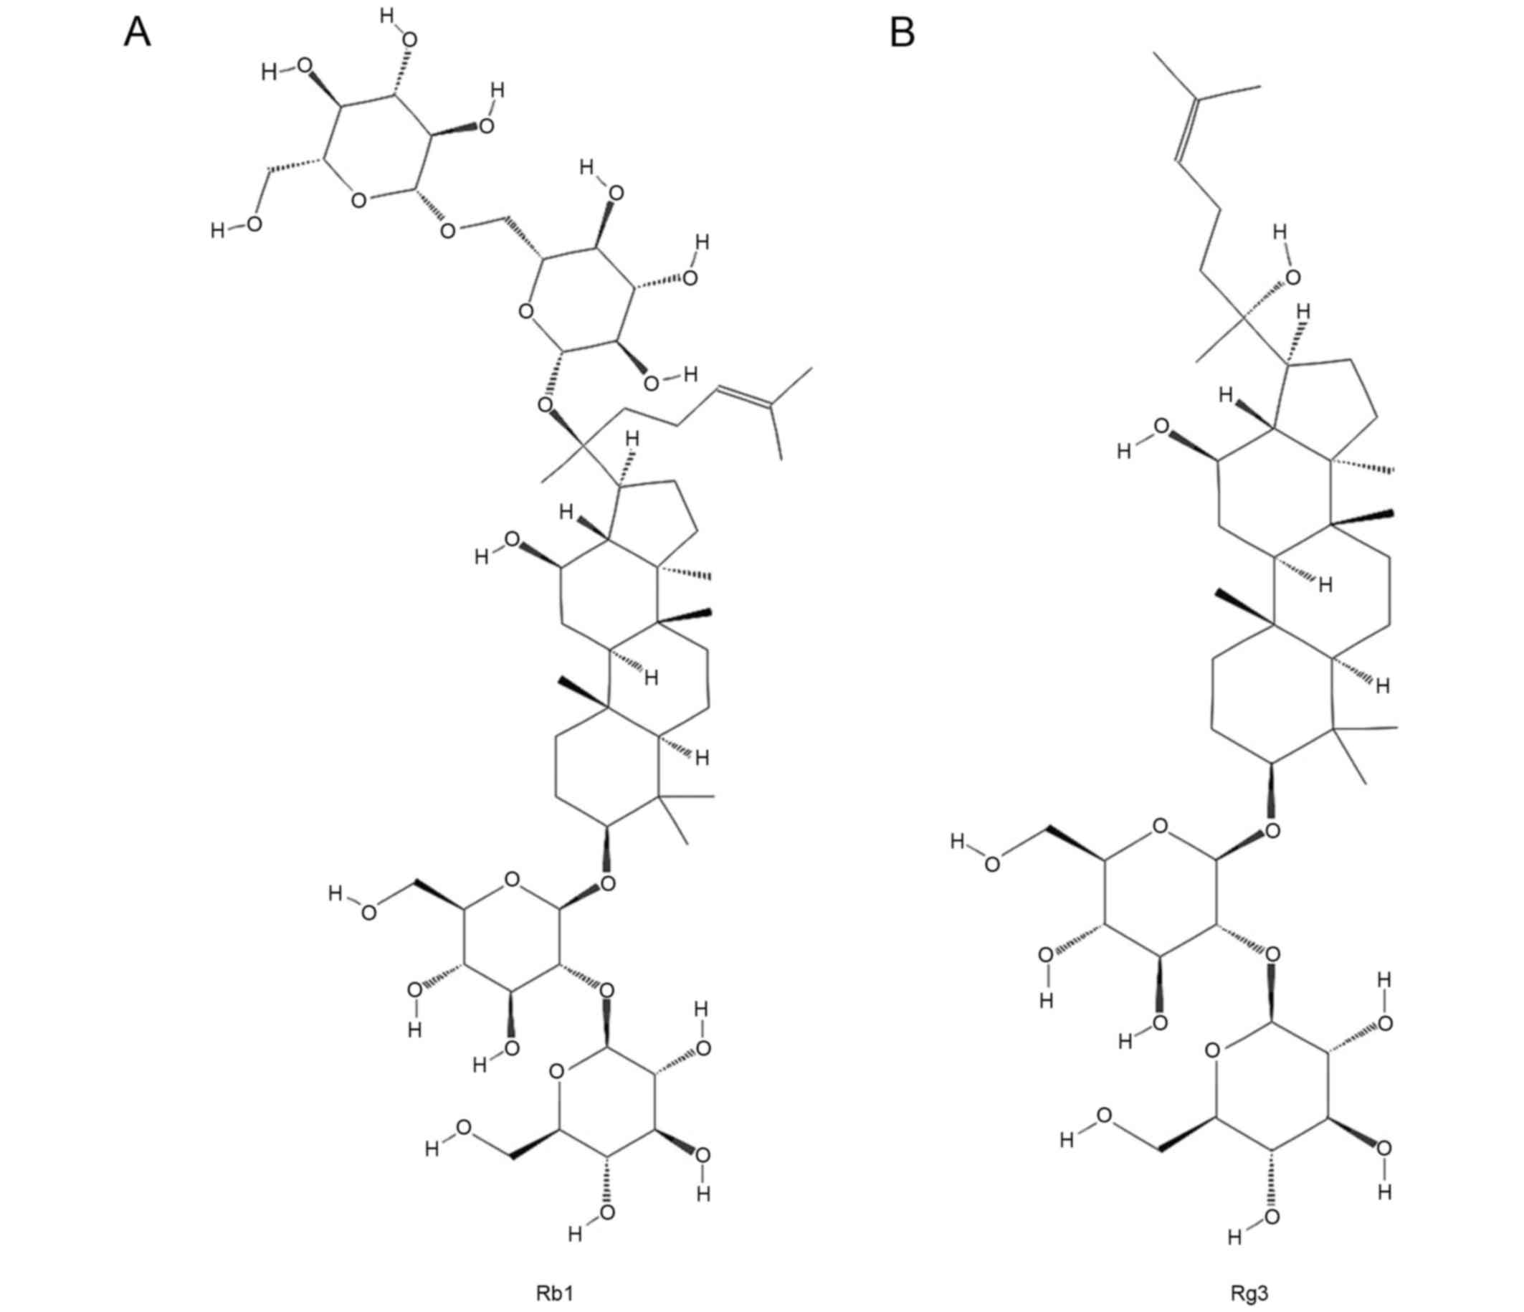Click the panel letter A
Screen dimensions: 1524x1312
[x=137, y=33]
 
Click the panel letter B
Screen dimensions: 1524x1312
[x=903, y=33]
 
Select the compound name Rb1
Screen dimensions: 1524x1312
[x=554, y=1272]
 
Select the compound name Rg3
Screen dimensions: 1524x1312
[x=1248, y=1272]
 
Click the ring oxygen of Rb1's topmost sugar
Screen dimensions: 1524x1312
[x=358, y=200]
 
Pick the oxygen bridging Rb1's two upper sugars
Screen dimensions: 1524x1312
[x=448, y=231]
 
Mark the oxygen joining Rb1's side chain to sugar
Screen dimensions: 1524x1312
[x=545, y=404]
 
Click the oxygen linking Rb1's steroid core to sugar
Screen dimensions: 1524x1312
[x=608, y=883]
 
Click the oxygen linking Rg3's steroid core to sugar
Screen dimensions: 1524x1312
[x=1272, y=831]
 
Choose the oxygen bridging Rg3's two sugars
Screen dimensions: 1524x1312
[x=1272, y=954]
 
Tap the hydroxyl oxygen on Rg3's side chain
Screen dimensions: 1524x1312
[x=1292, y=277]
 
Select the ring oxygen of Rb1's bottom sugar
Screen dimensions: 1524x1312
[x=557, y=1072]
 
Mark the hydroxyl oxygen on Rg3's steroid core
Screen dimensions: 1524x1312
[x=1161, y=427]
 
